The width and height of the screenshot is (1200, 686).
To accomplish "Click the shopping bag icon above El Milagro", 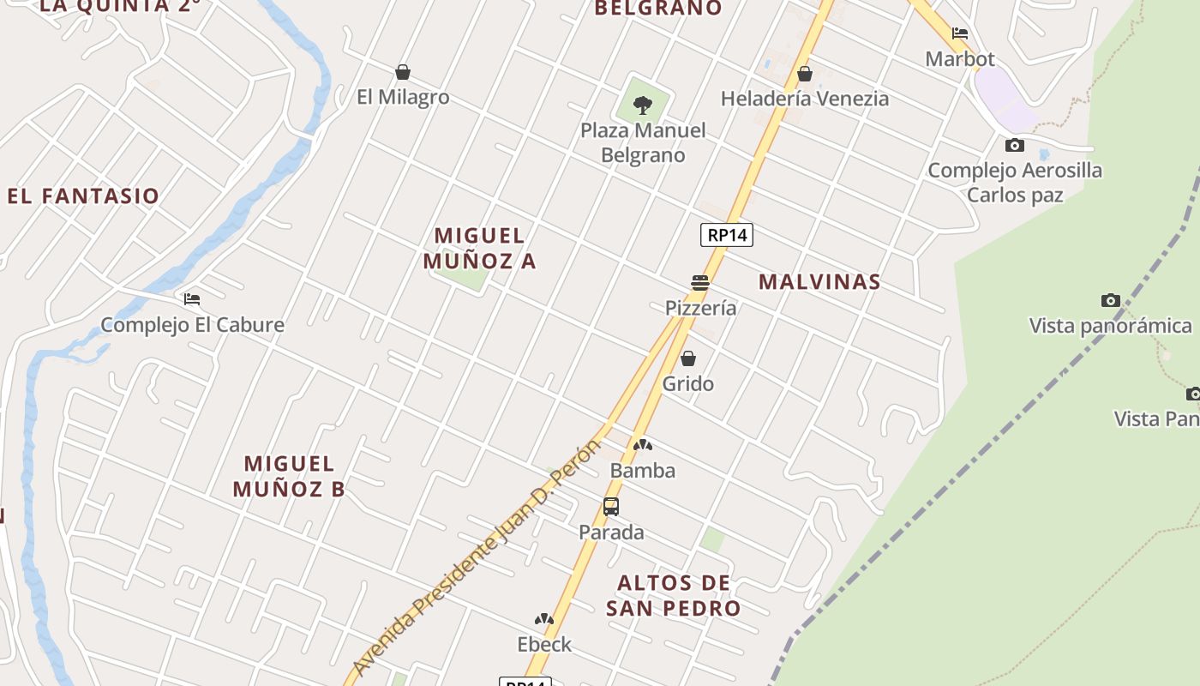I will click(x=403, y=72).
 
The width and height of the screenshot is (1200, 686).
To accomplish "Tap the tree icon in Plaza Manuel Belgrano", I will click(x=642, y=105).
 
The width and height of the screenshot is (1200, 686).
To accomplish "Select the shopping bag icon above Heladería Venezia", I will click(x=804, y=74).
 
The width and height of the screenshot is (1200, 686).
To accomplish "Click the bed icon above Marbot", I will click(x=960, y=33).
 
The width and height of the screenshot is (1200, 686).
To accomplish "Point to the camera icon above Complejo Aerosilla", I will click(x=1015, y=145).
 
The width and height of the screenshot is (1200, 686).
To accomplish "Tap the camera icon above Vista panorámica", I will click(x=1110, y=300).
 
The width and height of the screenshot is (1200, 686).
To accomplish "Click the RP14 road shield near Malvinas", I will click(x=727, y=235).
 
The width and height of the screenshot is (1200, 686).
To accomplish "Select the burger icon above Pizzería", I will click(x=700, y=283).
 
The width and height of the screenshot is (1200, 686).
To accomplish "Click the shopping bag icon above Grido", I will click(x=687, y=358).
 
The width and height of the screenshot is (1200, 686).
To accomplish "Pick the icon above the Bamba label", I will click(x=643, y=445).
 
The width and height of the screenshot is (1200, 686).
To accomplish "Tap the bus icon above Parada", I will click(x=611, y=507).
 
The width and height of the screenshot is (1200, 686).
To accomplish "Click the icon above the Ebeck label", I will click(x=544, y=619).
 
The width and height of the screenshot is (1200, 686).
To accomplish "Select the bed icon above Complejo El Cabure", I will click(x=192, y=299).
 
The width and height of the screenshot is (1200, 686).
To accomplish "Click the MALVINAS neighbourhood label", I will click(x=819, y=281).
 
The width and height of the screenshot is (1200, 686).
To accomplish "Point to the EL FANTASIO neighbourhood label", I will click(x=83, y=196).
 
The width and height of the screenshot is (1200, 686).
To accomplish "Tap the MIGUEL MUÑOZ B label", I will click(x=289, y=476).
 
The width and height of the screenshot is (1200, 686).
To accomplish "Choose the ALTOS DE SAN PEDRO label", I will click(x=674, y=595).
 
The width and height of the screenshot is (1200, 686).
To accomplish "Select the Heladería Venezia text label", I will click(x=804, y=99).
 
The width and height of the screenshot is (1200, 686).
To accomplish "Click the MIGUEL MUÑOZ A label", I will click(x=480, y=248).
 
